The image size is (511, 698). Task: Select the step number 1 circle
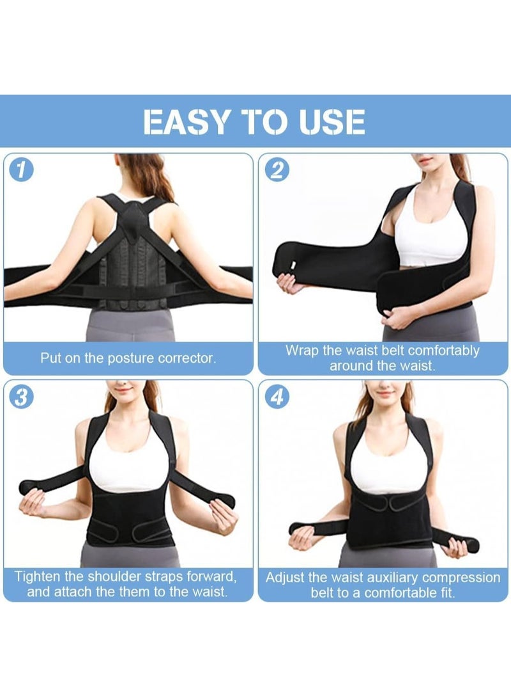(x=22, y=170)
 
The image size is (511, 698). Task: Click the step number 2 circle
(x=277, y=170)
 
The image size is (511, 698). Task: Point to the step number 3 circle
(x=22, y=397)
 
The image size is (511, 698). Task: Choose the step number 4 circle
(x=277, y=397)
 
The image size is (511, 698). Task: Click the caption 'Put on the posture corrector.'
(x=128, y=358)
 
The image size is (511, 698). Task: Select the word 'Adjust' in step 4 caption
(x=286, y=578)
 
